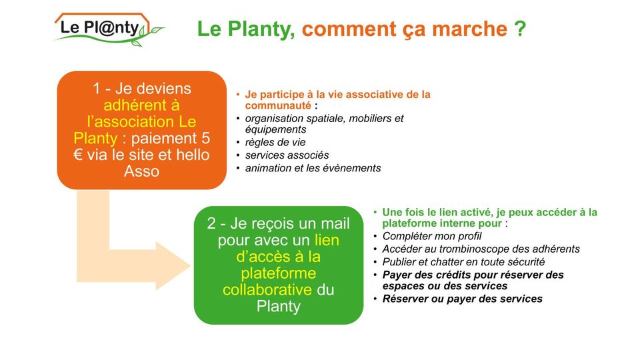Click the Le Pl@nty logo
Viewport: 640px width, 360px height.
pos(109,29)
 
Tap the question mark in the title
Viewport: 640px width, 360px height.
pos(520,29)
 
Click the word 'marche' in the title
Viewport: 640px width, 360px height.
pos(469,29)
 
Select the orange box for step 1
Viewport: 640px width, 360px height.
pos(141,130)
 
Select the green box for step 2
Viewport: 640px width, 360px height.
pos(279,265)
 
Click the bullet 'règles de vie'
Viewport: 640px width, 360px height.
pos(275,143)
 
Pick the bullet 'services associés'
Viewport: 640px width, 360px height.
pos(287,155)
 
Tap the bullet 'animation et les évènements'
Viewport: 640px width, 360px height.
pos(313,168)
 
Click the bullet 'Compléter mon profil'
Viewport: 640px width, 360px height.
pos(432,236)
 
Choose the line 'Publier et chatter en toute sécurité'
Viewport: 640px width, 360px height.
pos(463,262)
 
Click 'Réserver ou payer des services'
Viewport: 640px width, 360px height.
pos(463,299)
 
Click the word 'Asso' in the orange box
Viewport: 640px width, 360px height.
pos(141,171)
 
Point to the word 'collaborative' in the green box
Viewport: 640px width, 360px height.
pos(267,290)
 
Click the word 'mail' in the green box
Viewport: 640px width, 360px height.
pos(335,224)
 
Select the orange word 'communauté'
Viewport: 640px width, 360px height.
pos(278,106)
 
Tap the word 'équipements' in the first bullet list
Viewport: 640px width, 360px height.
pos(275,130)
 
